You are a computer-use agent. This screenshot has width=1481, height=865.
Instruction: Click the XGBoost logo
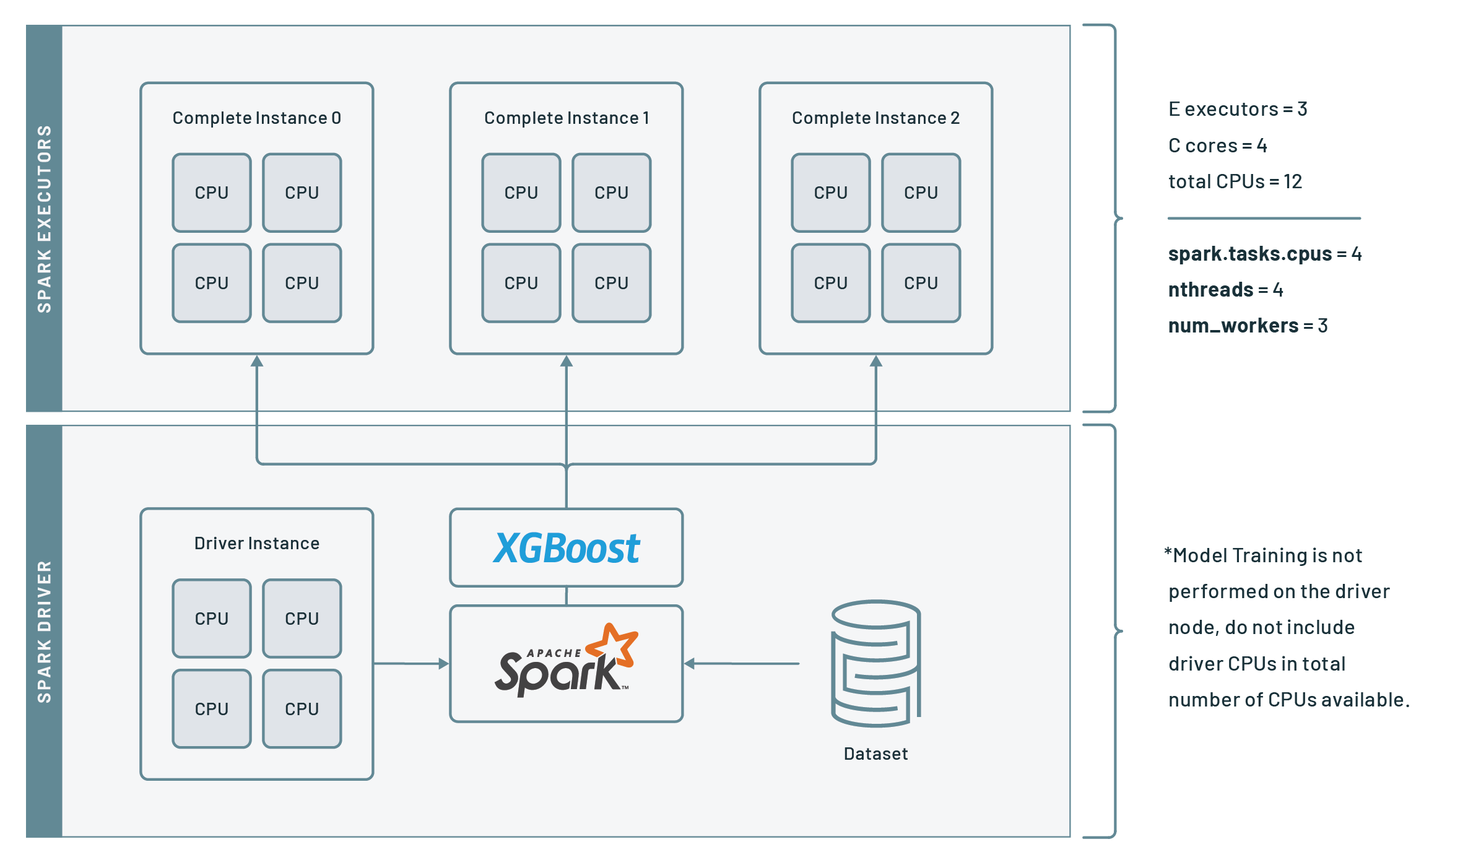(566, 548)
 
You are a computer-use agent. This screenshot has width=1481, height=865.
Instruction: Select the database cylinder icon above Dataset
(875, 663)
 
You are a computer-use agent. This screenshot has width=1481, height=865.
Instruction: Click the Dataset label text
(875, 754)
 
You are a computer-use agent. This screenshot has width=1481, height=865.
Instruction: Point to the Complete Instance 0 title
(256, 118)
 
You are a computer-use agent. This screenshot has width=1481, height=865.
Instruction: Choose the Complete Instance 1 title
(566, 118)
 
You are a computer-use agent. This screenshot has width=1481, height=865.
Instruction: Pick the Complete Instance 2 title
(875, 118)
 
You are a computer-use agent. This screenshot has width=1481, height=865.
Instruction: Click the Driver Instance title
(256, 543)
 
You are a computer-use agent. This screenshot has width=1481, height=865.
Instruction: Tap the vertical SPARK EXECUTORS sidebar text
(44, 219)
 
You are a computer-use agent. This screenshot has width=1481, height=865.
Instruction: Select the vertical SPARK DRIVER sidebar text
(44, 632)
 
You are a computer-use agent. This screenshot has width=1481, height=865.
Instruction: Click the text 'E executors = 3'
(1237, 109)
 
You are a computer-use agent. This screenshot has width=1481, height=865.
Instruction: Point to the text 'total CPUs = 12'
(1235, 181)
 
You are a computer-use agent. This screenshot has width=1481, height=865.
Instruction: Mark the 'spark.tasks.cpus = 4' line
(1264, 254)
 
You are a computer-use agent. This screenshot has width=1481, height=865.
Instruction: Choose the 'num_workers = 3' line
(1247, 326)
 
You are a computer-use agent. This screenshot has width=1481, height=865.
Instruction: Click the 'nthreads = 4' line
(1225, 290)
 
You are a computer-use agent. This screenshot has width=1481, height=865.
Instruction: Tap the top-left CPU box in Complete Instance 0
(212, 193)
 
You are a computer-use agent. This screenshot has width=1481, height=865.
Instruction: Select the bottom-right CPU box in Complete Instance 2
(921, 283)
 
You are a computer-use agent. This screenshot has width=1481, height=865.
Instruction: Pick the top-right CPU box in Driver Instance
(302, 618)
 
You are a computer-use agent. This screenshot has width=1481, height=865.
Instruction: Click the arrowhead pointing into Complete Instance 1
(566, 361)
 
